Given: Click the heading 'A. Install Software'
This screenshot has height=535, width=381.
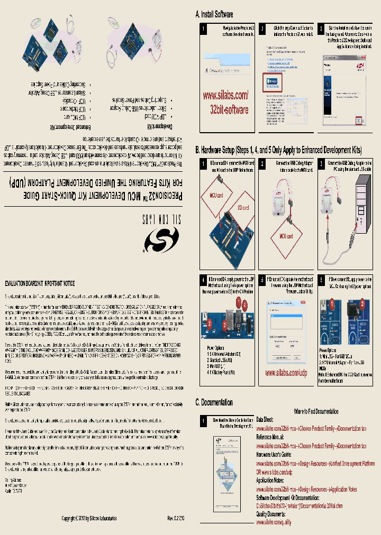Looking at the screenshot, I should tap(214, 14).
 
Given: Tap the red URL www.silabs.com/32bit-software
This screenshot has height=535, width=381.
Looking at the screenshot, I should tap(225, 103).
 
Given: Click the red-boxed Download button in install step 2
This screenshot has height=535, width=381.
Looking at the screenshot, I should tap(273, 80).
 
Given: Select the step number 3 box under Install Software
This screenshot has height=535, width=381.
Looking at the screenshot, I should tap(322, 28).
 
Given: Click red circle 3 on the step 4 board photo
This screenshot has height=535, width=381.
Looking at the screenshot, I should tap(210, 322).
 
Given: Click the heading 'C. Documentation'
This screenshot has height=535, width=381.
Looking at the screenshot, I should tap(214, 402).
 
